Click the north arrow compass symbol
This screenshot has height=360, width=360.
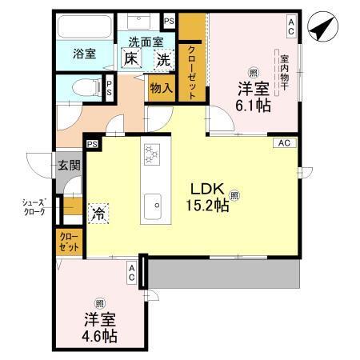(322, 31)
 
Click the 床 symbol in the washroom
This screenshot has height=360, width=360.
(130, 58)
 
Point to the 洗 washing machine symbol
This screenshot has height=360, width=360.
(163, 58)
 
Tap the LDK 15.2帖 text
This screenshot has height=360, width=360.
(210, 197)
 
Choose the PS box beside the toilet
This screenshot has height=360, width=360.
(109, 88)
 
